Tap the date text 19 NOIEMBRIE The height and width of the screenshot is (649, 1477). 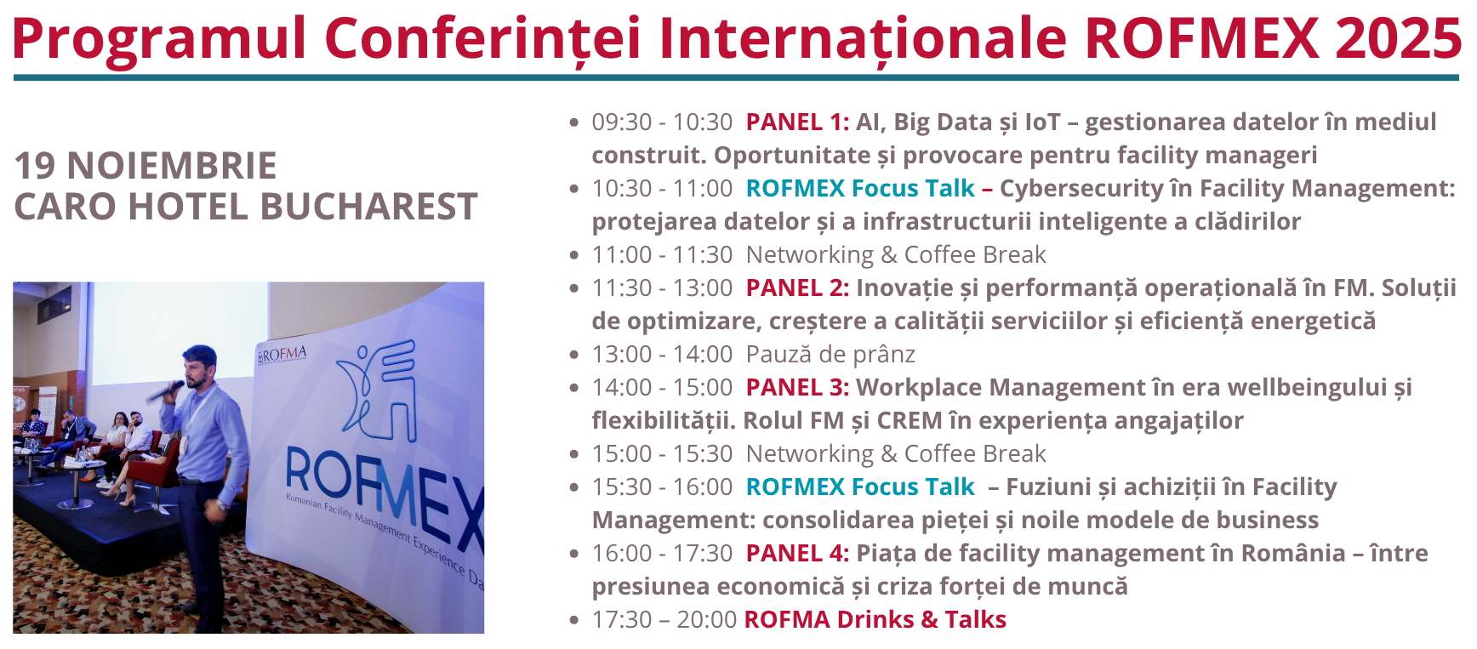(x=145, y=166)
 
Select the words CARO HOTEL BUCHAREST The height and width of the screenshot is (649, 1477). (x=246, y=207)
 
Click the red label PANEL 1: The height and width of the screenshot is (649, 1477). (x=797, y=122)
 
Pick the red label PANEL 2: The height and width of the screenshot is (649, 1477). (x=797, y=288)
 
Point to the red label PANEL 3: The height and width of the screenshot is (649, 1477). (x=797, y=388)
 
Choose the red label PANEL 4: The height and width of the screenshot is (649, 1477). (x=797, y=554)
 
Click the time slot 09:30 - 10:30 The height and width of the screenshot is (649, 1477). (x=662, y=122)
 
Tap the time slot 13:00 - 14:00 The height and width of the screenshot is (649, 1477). (x=662, y=355)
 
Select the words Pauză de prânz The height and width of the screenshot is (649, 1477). (x=830, y=355)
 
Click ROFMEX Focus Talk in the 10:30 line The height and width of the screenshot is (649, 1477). (x=859, y=189)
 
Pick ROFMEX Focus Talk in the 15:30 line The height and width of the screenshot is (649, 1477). (x=859, y=487)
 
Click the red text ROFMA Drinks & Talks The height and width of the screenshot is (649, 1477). (x=875, y=620)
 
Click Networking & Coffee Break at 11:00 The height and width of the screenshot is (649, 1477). (x=896, y=255)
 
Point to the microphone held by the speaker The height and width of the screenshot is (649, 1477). (x=164, y=391)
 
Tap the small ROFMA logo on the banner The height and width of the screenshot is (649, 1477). (x=282, y=355)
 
